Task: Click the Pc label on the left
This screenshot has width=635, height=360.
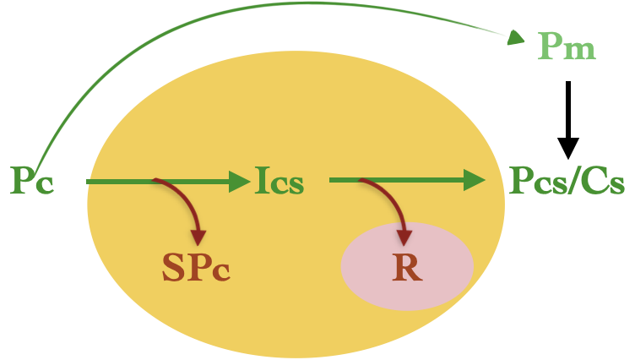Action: click(x=32, y=180)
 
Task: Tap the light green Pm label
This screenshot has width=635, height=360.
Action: click(x=567, y=46)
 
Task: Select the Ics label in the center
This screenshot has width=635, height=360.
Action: click(x=280, y=180)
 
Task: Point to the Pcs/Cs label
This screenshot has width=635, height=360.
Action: click(x=567, y=180)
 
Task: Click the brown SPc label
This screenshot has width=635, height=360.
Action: click(x=197, y=267)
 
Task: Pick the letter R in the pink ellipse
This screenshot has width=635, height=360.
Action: click(x=407, y=267)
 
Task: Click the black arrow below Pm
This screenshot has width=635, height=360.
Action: click(x=568, y=120)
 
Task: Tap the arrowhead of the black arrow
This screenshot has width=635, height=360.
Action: click(x=568, y=149)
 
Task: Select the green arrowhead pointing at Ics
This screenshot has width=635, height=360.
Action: click(x=240, y=182)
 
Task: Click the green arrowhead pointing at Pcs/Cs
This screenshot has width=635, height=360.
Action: click(x=475, y=180)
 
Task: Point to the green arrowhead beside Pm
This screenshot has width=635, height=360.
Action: click(x=516, y=38)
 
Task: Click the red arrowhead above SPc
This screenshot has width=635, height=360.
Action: click(x=198, y=237)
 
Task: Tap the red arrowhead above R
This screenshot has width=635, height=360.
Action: click(x=404, y=238)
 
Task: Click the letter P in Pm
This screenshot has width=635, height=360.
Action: click(x=550, y=46)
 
